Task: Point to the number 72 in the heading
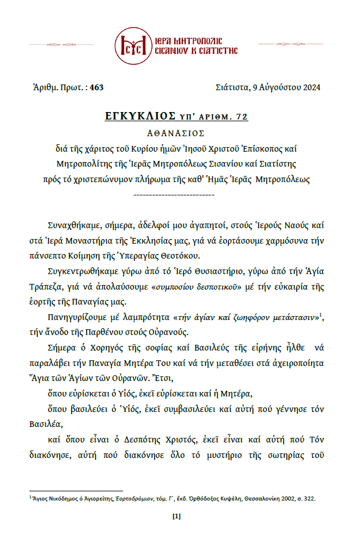point(241,117)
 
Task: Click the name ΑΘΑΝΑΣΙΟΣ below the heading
point(179,132)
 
